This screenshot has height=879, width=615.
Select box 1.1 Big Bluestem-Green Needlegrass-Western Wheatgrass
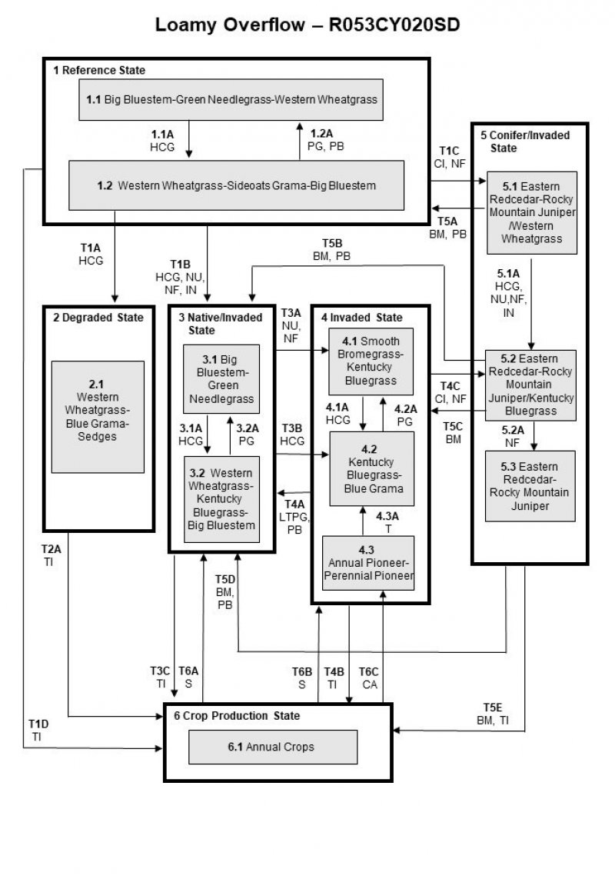(x=231, y=99)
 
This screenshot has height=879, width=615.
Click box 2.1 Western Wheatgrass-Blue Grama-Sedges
(x=98, y=416)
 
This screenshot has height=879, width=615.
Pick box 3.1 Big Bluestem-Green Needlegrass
(x=221, y=378)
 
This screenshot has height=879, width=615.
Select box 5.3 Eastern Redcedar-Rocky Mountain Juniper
(x=530, y=487)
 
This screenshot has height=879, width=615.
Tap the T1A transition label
(x=91, y=254)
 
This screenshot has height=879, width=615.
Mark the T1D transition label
(x=38, y=730)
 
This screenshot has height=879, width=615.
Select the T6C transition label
(x=370, y=677)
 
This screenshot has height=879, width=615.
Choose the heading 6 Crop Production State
(x=236, y=715)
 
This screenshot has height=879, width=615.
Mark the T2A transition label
(x=51, y=555)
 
